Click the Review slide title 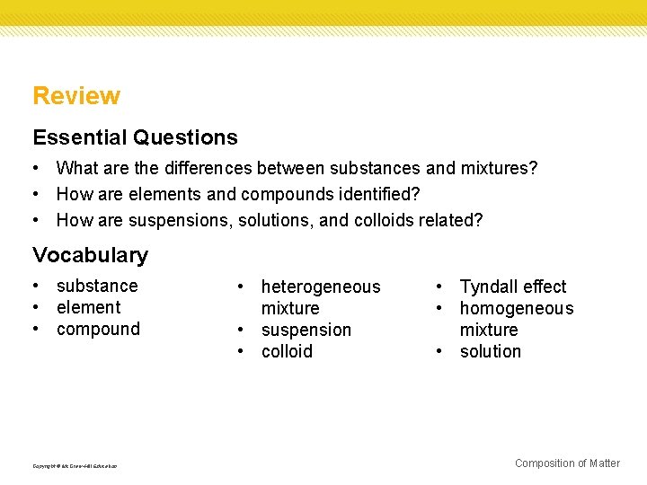click(76, 96)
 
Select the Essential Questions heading click(135, 137)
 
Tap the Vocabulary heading click(90, 255)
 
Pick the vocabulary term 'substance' click(97, 286)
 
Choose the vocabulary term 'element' click(88, 307)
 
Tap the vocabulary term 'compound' click(98, 329)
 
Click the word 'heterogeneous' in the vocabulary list click(321, 287)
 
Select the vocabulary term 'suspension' click(306, 330)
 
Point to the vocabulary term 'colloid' click(287, 351)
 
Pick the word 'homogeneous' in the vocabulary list click(516, 308)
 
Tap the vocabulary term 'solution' click(490, 351)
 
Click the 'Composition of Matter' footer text click(567, 463)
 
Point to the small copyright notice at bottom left click(75, 465)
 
